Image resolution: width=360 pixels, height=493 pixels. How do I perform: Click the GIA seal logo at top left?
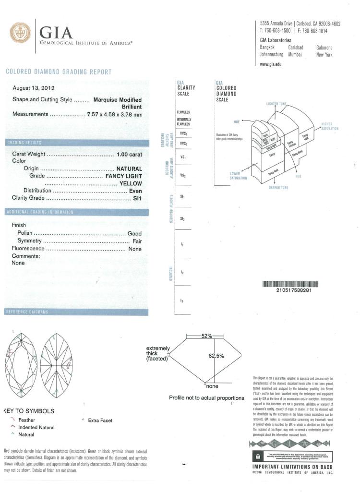click(19, 33)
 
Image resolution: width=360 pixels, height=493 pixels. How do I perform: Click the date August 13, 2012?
click(33, 88)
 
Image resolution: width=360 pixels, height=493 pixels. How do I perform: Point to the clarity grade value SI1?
click(137, 198)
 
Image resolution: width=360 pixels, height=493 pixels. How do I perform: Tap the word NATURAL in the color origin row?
click(129, 168)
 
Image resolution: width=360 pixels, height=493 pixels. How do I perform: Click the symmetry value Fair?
click(137, 240)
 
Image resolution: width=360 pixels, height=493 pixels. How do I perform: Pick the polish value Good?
click(134, 233)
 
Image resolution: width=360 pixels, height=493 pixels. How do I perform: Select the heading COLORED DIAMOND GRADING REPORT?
click(59, 72)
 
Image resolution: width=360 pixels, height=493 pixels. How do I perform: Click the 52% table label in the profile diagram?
click(206, 336)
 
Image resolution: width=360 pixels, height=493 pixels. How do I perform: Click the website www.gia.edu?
click(271, 64)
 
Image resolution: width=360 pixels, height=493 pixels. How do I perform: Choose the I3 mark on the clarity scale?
click(181, 301)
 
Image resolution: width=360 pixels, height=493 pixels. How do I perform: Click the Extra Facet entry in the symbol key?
click(100, 420)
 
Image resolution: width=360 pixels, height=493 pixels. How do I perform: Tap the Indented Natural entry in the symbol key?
click(36, 427)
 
